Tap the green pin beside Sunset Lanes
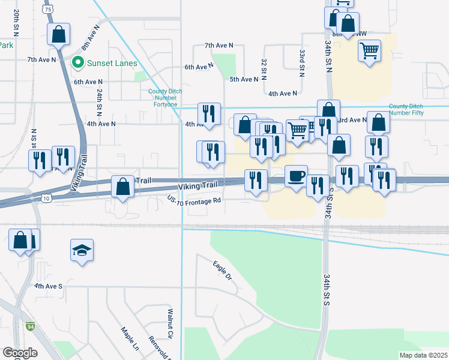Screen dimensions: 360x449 (x=77, y=62)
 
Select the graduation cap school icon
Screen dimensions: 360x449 (x=82, y=250)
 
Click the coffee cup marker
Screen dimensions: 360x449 (x=296, y=176)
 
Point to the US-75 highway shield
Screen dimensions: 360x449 (x=49, y=10)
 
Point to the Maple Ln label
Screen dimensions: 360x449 (x=129, y=338)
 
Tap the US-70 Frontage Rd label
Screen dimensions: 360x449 (x=194, y=203)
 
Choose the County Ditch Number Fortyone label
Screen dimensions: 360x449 (x=163, y=98)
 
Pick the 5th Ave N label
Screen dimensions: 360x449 (x=244, y=79)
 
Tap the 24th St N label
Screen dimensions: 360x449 (x=98, y=103)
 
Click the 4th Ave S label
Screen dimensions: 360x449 (x=49, y=286)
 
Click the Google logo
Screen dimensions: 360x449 (x=20, y=353)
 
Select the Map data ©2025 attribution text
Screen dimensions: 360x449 (x=423, y=355)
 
